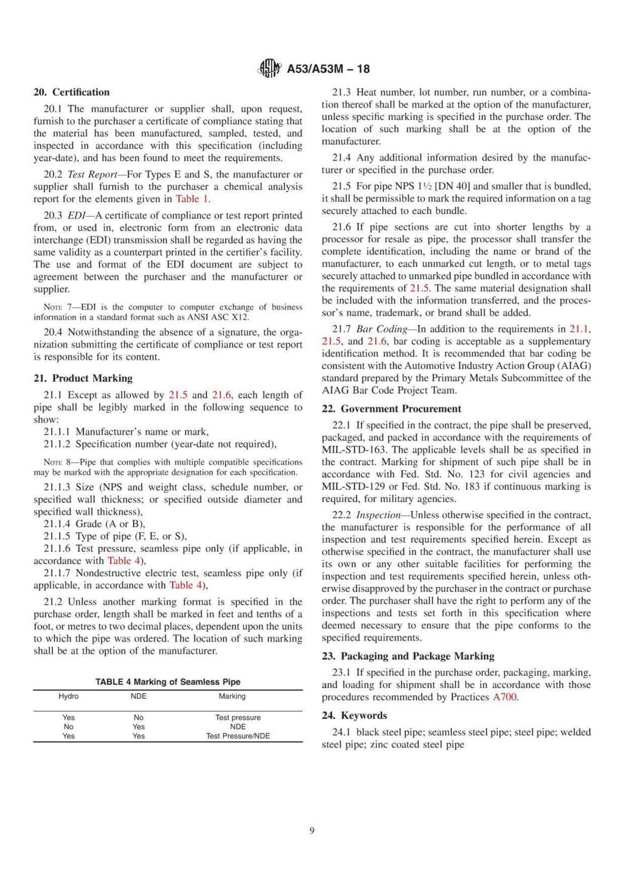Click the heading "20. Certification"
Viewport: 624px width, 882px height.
pos(71,92)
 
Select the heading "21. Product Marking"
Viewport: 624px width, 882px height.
pos(83,378)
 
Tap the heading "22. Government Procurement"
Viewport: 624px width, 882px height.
pos(391,409)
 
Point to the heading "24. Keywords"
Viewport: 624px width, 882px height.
pos(354,716)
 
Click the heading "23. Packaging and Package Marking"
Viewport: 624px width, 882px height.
pos(408,656)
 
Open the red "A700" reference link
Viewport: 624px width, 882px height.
pos(505,697)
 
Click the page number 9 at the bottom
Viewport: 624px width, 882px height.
pos(312,831)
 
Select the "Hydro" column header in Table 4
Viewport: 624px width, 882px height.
pos(68,697)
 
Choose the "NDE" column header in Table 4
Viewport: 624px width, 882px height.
pos(138,697)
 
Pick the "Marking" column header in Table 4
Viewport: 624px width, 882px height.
pos(232,697)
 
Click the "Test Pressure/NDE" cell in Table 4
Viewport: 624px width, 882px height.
pos(238,736)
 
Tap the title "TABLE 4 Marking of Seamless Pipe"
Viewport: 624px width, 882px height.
pos(168,682)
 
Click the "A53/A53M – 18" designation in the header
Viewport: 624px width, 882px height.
pos(328,69)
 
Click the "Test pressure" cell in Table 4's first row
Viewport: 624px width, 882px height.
pos(238,718)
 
